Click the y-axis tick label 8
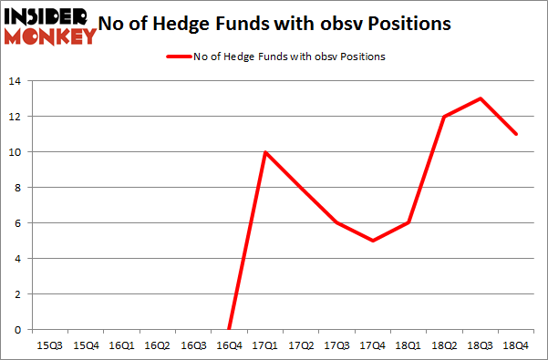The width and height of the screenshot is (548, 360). click(x=16, y=188)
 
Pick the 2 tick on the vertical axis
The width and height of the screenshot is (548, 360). click(x=16, y=294)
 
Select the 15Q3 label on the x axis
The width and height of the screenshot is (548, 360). click(x=50, y=345)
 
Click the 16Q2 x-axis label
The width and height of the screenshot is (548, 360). click(x=157, y=345)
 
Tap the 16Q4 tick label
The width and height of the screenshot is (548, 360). click(x=229, y=345)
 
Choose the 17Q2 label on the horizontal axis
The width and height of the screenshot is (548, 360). click(x=301, y=345)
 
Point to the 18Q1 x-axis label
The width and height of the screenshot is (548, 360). click(x=408, y=345)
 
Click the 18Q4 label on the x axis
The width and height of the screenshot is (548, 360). click(x=515, y=345)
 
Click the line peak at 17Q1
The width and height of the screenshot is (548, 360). click(x=265, y=152)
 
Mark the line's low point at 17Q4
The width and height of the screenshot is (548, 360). click(x=372, y=241)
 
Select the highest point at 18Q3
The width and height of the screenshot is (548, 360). click(x=480, y=98)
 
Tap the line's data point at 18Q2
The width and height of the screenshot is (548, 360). click(x=444, y=117)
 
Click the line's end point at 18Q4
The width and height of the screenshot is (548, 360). click(x=515, y=134)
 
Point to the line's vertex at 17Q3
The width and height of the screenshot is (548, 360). click(x=336, y=223)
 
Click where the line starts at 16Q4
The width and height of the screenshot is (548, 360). click(x=229, y=329)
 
